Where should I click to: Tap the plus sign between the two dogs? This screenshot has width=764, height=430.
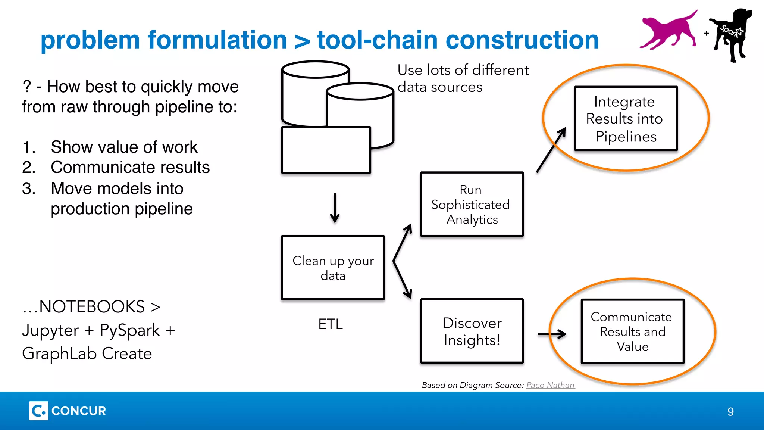[x=706, y=33]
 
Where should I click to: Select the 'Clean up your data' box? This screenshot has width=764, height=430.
[x=333, y=267]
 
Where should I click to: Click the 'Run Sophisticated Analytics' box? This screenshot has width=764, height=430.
[x=472, y=204]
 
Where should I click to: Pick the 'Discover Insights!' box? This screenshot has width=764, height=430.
[x=472, y=331]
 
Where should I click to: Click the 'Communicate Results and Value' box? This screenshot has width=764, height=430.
[x=632, y=331]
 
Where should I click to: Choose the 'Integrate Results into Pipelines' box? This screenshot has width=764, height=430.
[x=626, y=119]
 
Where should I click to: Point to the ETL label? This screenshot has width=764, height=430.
[x=330, y=324]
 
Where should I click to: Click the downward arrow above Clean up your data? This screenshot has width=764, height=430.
[x=335, y=208]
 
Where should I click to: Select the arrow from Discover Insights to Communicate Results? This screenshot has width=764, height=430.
[x=552, y=334]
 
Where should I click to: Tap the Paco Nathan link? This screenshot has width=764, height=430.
[x=550, y=385]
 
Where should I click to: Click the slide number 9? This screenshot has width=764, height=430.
[x=730, y=411]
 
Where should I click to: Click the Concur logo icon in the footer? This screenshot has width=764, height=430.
[x=38, y=411]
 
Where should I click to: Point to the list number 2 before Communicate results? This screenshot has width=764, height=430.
[x=28, y=167]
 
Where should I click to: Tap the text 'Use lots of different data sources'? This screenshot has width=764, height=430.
[x=463, y=78]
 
